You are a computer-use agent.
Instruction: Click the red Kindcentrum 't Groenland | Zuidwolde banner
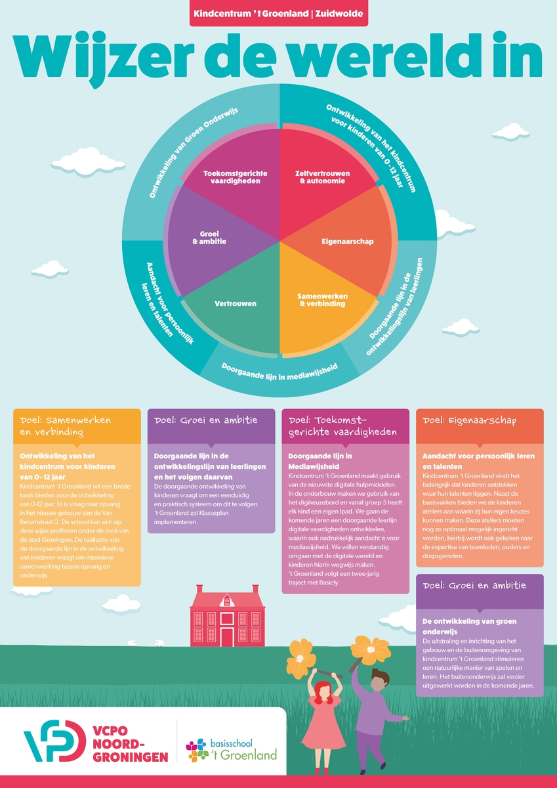click(x=278, y=12)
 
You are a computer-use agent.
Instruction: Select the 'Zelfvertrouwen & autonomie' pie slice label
click(x=322, y=177)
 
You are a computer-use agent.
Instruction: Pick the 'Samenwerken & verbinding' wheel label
click(x=321, y=299)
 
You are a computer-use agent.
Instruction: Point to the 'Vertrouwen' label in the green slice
click(x=236, y=303)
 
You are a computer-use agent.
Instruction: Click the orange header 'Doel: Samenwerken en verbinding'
click(x=77, y=426)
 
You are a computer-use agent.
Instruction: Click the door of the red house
click(x=227, y=636)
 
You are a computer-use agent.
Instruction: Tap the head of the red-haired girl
click(x=323, y=691)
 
